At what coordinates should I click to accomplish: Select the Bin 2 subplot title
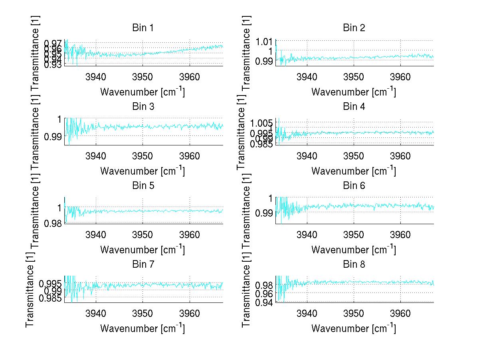pyautogui.click(x=354, y=28)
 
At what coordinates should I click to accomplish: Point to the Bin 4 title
pyautogui.click(x=354, y=107)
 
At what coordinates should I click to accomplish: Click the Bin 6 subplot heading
pyautogui.click(x=354, y=185)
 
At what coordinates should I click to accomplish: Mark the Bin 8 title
pyautogui.click(x=354, y=264)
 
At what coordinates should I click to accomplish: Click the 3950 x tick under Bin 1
pyautogui.click(x=143, y=77)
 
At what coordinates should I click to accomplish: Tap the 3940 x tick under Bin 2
pyautogui.click(x=307, y=77)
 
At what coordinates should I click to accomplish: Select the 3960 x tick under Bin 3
pyautogui.click(x=190, y=156)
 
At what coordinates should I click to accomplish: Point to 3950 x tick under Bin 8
pyautogui.click(x=354, y=314)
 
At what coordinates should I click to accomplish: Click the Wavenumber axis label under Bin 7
pyautogui.click(x=143, y=328)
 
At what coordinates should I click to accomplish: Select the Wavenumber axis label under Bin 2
pyautogui.click(x=354, y=92)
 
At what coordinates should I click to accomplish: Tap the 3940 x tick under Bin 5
pyautogui.click(x=96, y=235)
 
